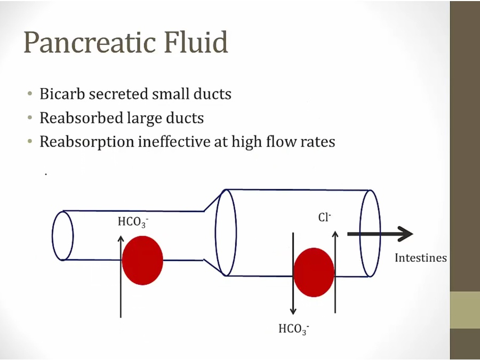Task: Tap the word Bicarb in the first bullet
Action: [x=62, y=94]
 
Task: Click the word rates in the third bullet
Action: [x=318, y=142]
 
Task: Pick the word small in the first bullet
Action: [x=168, y=94]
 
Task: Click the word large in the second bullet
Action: [x=144, y=118]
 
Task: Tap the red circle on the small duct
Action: [x=142, y=260]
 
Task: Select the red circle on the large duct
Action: [x=314, y=272]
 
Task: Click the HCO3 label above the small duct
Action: [x=132, y=222]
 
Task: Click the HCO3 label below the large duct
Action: [x=293, y=329]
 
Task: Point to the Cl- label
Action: [x=325, y=218]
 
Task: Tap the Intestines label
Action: [x=420, y=258]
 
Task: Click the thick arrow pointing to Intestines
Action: [x=380, y=234]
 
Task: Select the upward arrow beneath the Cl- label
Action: [x=335, y=272]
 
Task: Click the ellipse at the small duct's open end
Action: [x=62, y=236]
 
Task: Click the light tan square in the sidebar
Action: [x=465, y=310]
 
